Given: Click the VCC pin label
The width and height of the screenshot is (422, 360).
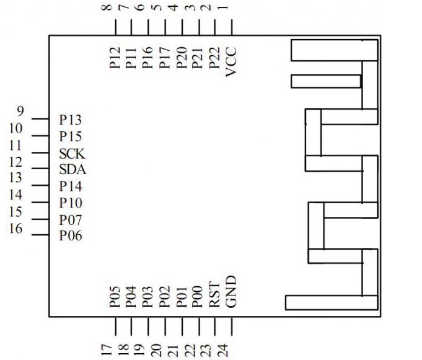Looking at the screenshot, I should click(x=231, y=62).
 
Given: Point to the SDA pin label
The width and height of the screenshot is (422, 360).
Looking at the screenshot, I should click(x=73, y=169).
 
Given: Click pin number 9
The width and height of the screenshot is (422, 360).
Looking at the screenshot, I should click(x=20, y=112).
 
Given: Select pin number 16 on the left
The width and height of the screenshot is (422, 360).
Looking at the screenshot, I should click(x=17, y=229).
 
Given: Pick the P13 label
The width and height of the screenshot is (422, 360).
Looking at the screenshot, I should click(x=71, y=119).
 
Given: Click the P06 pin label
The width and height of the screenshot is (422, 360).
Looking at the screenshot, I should click(x=71, y=236).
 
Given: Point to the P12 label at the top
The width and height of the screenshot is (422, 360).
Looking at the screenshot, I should click(x=114, y=58).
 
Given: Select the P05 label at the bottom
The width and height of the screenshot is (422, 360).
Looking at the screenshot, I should click(x=114, y=297).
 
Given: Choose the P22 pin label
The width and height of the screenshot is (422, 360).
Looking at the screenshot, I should click(x=214, y=58).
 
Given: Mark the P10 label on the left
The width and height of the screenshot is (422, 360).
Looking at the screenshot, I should click(x=71, y=203).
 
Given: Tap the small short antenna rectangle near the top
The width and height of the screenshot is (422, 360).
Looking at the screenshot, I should click(x=326, y=81).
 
